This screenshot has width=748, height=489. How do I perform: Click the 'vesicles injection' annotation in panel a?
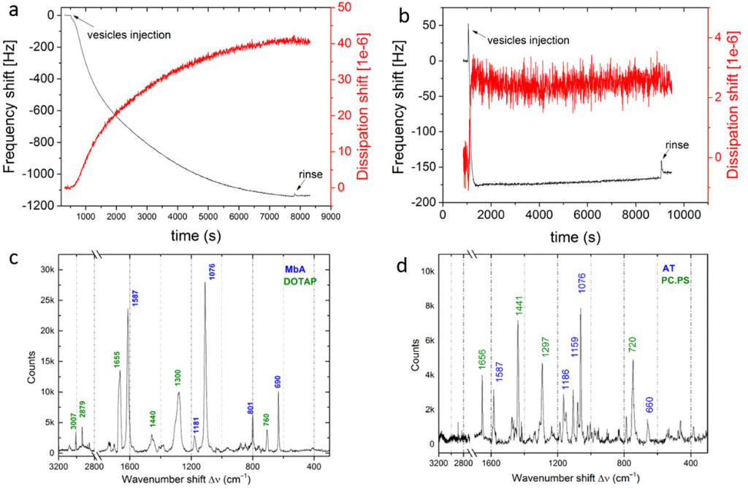coord(129,34)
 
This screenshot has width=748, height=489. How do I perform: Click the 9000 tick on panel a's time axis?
coord(331,216)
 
